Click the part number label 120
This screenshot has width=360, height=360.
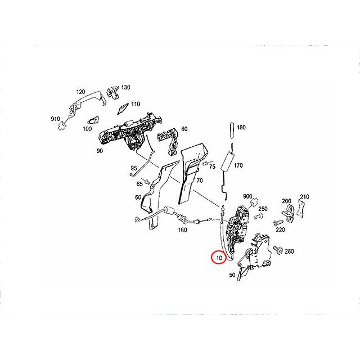[80, 91]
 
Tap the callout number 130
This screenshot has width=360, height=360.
[125, 87]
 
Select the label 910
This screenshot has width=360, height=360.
[56, 120]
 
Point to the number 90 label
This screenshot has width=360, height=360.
[100, 151]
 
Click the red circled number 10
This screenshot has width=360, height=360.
[219, 258]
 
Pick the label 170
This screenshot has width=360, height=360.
[238, 166]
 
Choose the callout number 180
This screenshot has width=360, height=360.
[241, 128]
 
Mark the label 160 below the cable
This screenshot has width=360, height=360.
[183, 229]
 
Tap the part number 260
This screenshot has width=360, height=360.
[290, 251]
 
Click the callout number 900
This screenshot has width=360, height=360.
[247, 196]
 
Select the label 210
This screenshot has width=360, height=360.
[305, 196]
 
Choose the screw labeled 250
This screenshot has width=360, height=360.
[259, 215]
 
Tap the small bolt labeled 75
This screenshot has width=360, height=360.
[205, 164]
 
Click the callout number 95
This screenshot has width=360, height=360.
[134, 168]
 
